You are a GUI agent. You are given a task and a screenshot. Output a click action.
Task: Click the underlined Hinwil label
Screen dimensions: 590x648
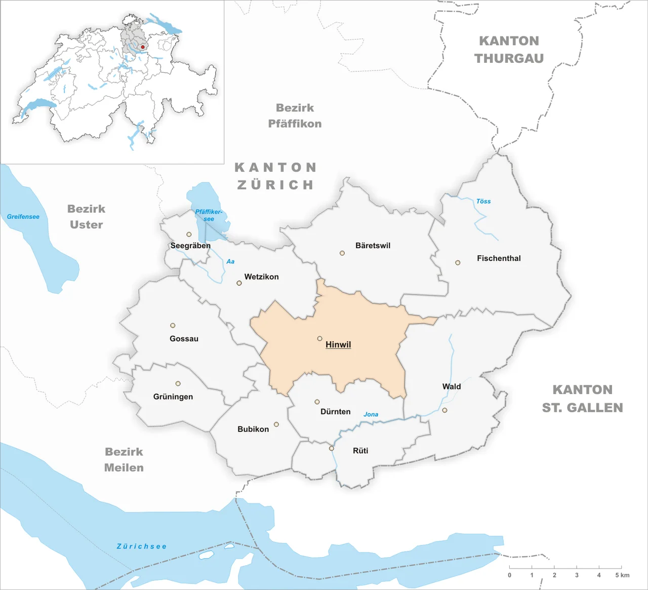(x=338, y=344)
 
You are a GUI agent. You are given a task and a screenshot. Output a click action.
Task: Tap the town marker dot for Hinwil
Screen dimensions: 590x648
(x=319, y=338)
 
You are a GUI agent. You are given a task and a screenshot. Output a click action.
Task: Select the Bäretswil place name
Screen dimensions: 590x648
(x=373, y=246)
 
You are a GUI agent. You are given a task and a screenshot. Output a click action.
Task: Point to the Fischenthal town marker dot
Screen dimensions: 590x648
(x=458, y=263)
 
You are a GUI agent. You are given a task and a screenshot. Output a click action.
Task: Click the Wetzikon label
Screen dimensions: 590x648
(x=261, y=277)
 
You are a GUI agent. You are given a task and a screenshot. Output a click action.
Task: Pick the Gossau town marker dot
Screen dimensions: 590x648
(x=173, y=326)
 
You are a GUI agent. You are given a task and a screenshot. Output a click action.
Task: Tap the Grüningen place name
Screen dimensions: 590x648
(x=173, y=397)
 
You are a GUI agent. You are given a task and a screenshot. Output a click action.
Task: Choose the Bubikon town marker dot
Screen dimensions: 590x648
(x=276, y=424)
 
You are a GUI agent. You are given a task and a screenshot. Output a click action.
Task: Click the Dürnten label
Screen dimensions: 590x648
(x=335, y=412)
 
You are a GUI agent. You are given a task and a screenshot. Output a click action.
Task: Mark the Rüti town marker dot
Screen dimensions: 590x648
(x=332, y=448)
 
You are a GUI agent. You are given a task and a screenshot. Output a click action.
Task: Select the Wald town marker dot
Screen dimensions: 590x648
(x=444, y=410)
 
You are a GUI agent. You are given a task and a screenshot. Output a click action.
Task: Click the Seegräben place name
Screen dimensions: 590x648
(x=190, y=246)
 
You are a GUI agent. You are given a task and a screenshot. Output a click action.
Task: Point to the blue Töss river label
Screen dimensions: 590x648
(x=483, y=201)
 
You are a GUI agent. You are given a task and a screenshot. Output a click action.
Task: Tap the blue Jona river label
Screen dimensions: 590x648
(x=371, y=414)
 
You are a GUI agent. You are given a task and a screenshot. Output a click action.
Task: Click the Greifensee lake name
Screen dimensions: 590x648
(x=23, y=217)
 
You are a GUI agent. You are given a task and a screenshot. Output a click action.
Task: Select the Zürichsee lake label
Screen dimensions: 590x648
(x=141, y=546)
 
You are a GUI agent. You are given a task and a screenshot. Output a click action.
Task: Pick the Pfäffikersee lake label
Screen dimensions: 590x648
(x=209, y=215)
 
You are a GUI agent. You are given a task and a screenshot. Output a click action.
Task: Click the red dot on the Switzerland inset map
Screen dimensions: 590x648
(x=143, y=47)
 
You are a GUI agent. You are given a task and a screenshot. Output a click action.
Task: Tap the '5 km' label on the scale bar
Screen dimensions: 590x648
(x=622, y=575)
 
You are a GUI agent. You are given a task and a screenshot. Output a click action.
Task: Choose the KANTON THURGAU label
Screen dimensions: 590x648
(x=509, y=50)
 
